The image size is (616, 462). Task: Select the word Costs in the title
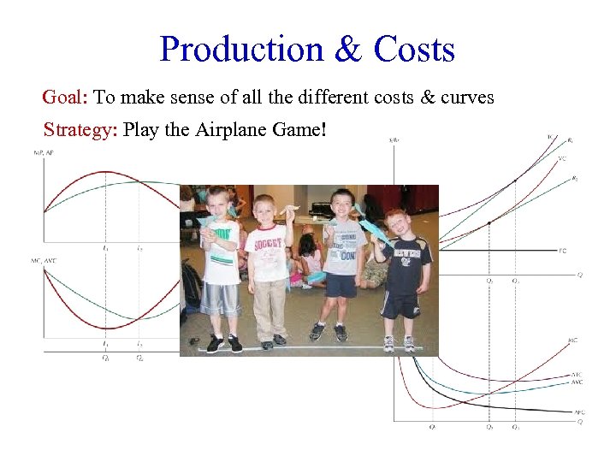tap(414, 50)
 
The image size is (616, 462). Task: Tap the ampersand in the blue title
tap(348, 50)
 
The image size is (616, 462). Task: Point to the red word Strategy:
tap(81, 131)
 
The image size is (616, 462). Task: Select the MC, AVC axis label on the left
tap(44, 260)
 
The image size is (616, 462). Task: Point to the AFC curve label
tap(577, 412)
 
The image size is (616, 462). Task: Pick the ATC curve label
tap(577, 375)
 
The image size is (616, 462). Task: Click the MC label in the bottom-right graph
tap(572, 341)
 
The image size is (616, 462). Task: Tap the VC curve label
tap(561, 157)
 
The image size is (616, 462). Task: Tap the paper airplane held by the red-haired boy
tap(374, 228)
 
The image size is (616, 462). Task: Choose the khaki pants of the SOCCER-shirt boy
tap(269, 308)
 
